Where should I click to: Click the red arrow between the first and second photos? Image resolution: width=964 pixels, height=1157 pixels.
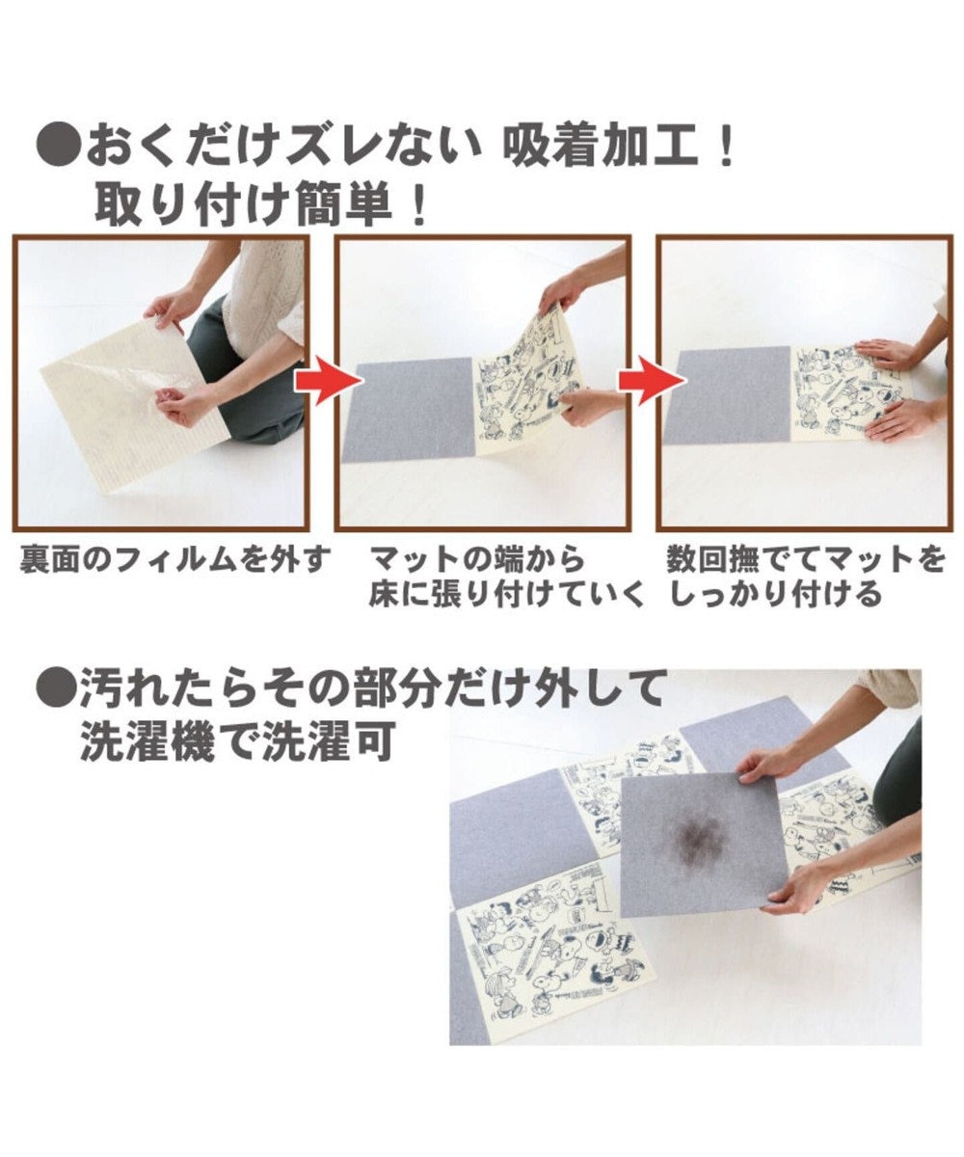pyautogui.click(x=328, y=381)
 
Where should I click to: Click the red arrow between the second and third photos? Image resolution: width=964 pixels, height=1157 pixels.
pyautogui.click(x=652, y=381)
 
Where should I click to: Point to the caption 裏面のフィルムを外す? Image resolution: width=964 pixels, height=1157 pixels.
pyautogui.click(x=174, y=559)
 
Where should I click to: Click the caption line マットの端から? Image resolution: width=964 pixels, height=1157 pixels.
pyautogui.click(x=477, y=559)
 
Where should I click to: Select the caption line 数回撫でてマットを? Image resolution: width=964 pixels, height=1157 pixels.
pyautogui.click(x=807, y=559)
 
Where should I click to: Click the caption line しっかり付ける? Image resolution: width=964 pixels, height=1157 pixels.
pyautogui.click(x=775, y=595)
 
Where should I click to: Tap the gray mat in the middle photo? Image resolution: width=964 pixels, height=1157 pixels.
pyautogui.click(x=409, y=410)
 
